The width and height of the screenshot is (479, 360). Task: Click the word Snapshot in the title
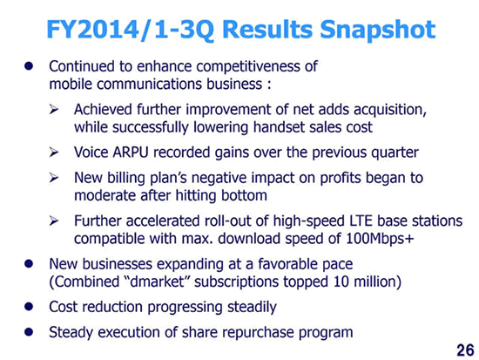click(378, 30)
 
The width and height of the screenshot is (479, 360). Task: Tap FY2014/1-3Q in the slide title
click(131, 30)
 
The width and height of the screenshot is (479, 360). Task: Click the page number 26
click(465, 350)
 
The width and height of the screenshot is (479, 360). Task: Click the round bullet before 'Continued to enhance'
click(29, 65)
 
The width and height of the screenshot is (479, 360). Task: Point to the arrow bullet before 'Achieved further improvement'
click(54, 109)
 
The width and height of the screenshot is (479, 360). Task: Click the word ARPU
click(131, 153)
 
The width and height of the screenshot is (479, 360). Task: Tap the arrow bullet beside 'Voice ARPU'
click(54, 152)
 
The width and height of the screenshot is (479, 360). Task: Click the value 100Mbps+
click(380, 238)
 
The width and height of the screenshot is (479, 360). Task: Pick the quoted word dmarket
click(157, 282)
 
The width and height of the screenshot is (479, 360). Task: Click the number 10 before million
click(341, 282)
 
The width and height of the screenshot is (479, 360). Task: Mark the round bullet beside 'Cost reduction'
click(29, 307)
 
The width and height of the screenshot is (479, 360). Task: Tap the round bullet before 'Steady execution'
click(29, 332)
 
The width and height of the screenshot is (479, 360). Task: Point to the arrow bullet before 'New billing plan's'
click(54, 178)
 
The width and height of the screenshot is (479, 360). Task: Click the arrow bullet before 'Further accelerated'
click(54, 221)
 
